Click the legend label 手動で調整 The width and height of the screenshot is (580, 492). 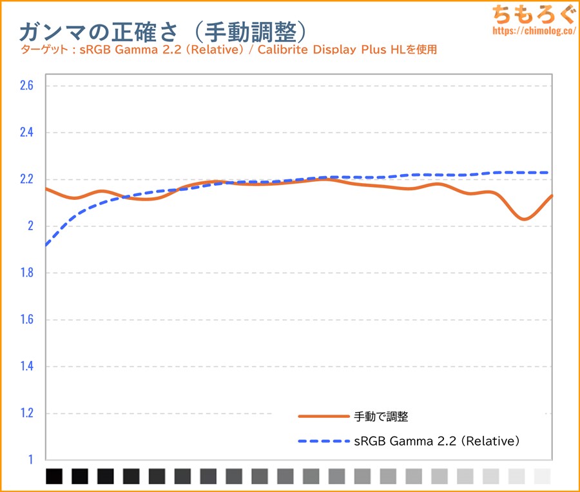tap(382, 417)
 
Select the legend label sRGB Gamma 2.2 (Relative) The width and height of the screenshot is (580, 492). tap(437, 442)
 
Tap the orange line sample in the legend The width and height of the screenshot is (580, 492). tap(322, 417)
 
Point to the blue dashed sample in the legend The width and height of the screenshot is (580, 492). tap(322, 442)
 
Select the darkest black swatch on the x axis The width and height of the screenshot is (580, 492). tap(55, 477)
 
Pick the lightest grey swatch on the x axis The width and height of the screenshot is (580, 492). tap(543, 477)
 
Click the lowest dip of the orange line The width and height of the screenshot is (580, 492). tap(525, 219)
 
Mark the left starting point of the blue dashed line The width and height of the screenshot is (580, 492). tap(46, 245)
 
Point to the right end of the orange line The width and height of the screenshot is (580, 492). tap(552, 195)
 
